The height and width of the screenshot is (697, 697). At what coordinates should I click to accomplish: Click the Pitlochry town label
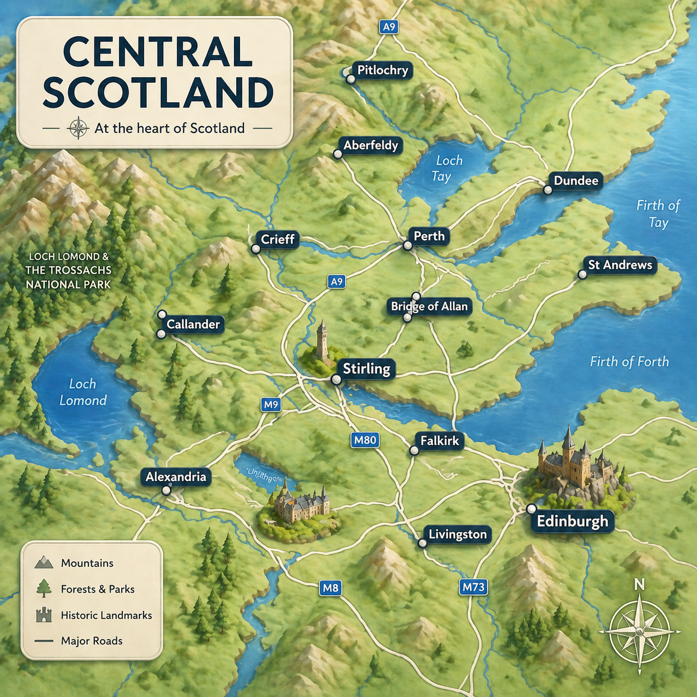click(382, 70)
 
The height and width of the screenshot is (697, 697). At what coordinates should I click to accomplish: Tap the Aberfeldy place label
click(371, 146)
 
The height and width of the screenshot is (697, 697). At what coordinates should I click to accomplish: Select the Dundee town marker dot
click(547, 190)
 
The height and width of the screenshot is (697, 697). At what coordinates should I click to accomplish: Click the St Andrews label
click(620, 265)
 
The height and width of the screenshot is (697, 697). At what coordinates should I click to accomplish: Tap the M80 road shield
click(365, 440)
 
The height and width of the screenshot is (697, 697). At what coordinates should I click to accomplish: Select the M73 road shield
click(474, 587)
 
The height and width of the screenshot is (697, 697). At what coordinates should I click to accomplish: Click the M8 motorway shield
click(330, 588)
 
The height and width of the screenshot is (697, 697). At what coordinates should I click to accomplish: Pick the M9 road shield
click(271, 405)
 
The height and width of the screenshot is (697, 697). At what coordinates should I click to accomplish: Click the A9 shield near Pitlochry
click(389, 27)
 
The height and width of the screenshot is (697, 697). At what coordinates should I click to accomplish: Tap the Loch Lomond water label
click(83, 392)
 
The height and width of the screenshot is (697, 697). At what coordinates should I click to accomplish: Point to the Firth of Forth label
click(629, 362)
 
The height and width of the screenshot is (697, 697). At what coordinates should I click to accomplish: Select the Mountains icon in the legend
click(43, 562)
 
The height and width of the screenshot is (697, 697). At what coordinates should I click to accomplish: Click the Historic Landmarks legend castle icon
click(43, 615)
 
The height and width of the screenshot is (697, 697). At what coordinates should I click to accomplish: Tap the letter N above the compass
click(639, 584)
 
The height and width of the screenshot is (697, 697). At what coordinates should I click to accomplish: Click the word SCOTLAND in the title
click(158, 93)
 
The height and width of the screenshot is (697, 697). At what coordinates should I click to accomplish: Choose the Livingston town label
click(457, 535)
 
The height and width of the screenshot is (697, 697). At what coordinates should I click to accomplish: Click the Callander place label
click(193, 325)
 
